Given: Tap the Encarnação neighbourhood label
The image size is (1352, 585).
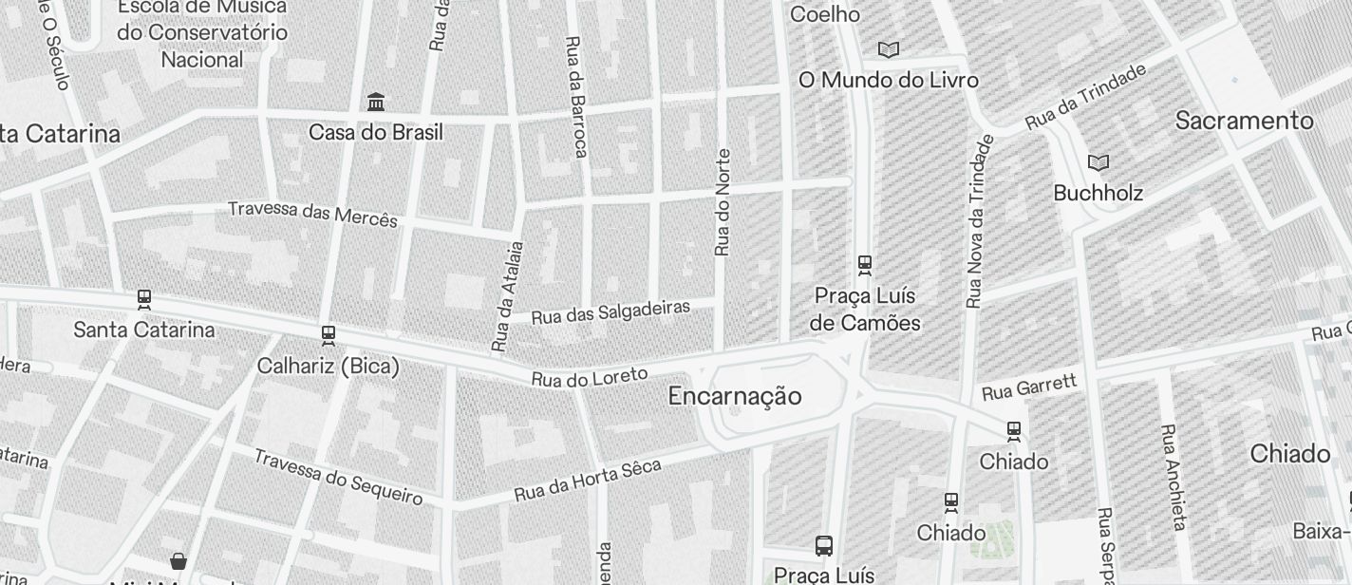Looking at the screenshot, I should (735, 396).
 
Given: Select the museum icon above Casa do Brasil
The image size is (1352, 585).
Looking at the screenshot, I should (376, 102).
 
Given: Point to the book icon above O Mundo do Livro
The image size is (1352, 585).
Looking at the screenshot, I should (888, 49).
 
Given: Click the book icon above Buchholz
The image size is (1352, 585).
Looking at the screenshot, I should (1098, 162).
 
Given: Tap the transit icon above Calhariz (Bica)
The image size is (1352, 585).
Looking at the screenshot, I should (329, 335).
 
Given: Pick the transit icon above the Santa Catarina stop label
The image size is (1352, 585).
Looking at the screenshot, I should (144, 299).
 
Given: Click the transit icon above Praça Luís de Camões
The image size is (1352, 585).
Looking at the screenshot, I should (864, 264).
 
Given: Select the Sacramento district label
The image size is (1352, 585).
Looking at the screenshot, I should (1244, 121).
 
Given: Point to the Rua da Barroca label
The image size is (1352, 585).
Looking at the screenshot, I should (576, 97).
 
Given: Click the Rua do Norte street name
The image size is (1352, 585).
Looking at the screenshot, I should (723, 202).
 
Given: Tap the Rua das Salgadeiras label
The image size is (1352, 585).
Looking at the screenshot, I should (610, 311).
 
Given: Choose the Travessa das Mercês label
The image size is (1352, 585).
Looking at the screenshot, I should (312, 213).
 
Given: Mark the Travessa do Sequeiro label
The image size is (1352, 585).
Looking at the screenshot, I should (337, 476).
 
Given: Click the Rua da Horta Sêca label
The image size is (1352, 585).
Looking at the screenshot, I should (587, 481).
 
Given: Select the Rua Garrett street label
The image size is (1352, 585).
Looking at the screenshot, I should (1029, 387).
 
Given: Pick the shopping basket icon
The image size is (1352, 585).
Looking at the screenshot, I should (178, 560).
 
